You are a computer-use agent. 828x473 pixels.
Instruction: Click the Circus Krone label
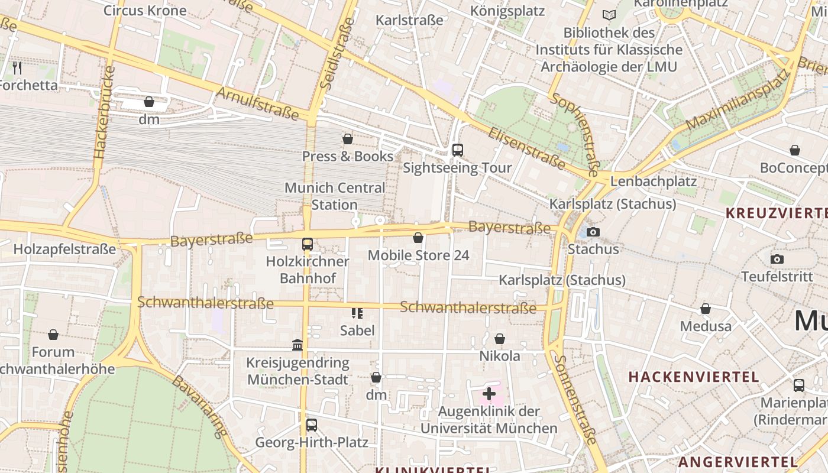coord(145,11)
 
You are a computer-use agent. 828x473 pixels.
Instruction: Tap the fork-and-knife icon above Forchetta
coord(17,67)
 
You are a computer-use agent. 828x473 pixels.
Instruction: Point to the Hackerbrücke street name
coord(104,112)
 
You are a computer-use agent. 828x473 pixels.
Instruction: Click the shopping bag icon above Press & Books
coord(348,139)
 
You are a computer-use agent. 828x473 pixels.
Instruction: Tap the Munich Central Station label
coord(335,196)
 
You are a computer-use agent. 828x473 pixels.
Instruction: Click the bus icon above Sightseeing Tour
coord(457,150)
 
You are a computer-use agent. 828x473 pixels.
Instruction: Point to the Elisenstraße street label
coord(526,148)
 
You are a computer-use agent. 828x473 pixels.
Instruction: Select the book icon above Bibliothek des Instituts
coord(609,15)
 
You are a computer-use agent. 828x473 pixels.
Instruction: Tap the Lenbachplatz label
coord(654,182)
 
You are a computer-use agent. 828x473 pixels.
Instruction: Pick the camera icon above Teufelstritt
coord(777,259)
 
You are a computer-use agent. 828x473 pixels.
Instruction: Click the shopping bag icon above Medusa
coord(705,309)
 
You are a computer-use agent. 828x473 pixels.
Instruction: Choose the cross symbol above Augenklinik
coord(489,394)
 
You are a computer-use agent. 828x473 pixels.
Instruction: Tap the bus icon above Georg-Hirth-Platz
coord(311,425)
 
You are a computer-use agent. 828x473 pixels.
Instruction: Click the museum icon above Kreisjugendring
coord(297,345)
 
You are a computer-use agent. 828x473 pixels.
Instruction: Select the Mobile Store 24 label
coord(418,255)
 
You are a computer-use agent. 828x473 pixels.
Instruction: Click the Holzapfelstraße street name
coord(64,249)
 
